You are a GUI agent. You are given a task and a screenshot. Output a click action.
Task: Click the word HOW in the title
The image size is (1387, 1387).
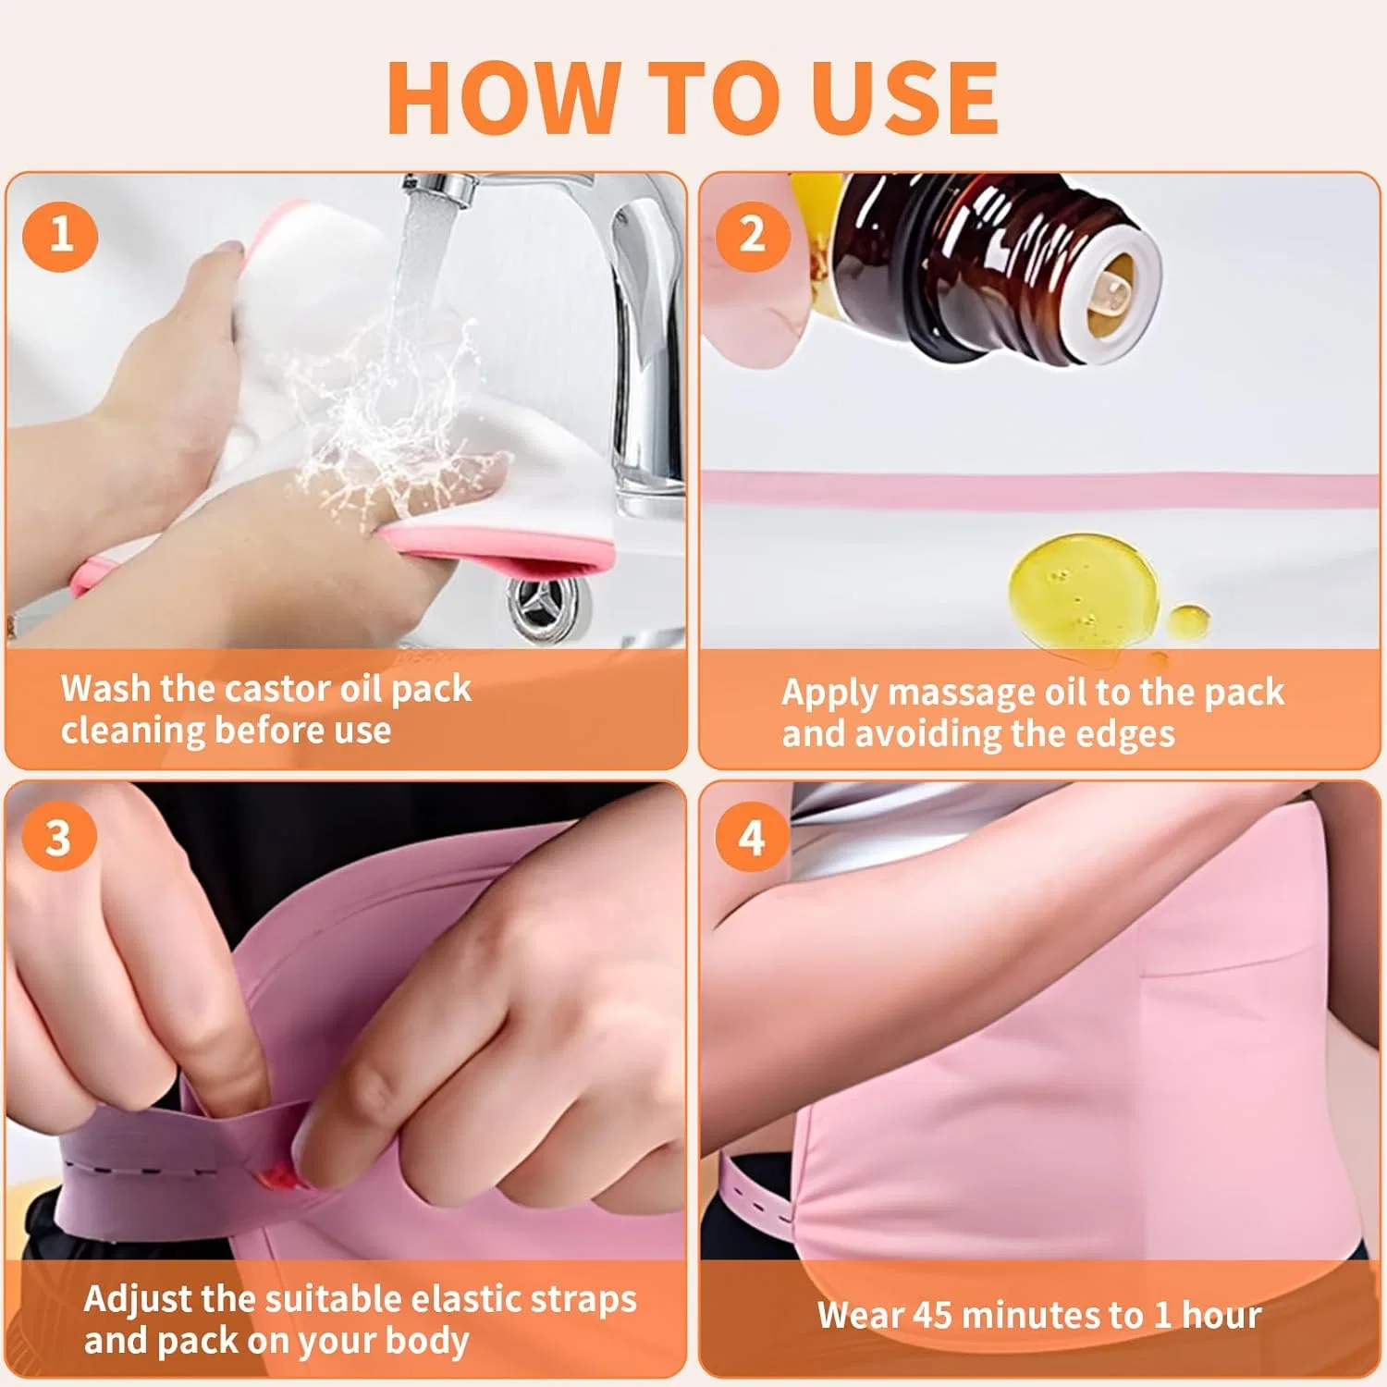pos(503,98)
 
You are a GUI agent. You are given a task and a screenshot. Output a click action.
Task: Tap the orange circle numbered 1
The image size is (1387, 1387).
pos(60,234)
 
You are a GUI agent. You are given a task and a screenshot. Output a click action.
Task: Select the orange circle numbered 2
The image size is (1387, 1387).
pos(753,234)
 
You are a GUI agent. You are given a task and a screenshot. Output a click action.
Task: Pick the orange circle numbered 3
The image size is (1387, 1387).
pos(58,838)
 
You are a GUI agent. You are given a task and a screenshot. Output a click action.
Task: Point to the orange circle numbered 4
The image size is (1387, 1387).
pos(752,838)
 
